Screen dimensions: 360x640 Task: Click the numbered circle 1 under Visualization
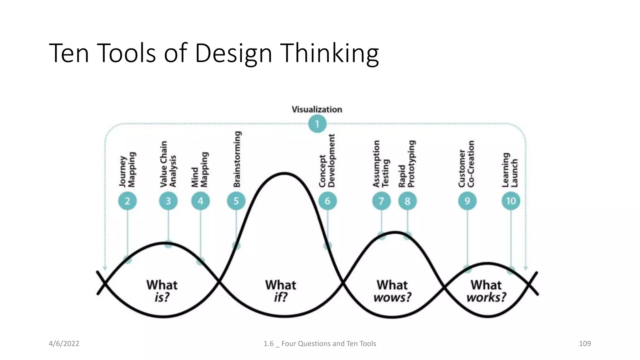pyautogui.click(x=317, y=124)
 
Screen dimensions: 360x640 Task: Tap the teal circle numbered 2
pyautogui.click(x=127, y=201)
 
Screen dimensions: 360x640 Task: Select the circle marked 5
pyautogui.click(x=236, y=201)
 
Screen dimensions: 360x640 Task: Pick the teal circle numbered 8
pyautogui.click(x=407, y=201)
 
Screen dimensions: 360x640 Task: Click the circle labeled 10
pyautogui.click(x=511, y=201)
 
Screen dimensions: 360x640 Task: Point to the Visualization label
pyautogui.click(x=317, y=109)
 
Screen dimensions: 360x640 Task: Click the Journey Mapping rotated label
pyautogui.click(x=127, y=170)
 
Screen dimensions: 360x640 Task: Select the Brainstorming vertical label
pyautogui.click(x=237, y=159)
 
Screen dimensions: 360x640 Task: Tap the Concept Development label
pyautogui.click(x=327, y=161)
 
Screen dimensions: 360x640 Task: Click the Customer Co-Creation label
pyautogui.click(x=467, y=164)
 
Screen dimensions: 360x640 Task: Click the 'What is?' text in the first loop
pyautogui.click(x=162, y=291)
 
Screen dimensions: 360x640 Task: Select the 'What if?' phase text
pyautogui.click(x=281, y=291)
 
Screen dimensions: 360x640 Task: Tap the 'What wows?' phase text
pyautogui.click(x=392, y=291)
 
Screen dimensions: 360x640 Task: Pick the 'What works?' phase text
pyautogui.click(x=486, y=291)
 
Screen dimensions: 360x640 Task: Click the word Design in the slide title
pyautogui.click(x=233, y=54)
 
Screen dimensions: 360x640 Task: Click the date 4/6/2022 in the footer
pyautogui.click(x=64, y=343)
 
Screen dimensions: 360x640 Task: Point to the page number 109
pyautogui.click(x=585, y=343)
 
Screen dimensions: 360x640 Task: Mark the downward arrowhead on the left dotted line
pyautogui.click(x=105, y=268)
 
